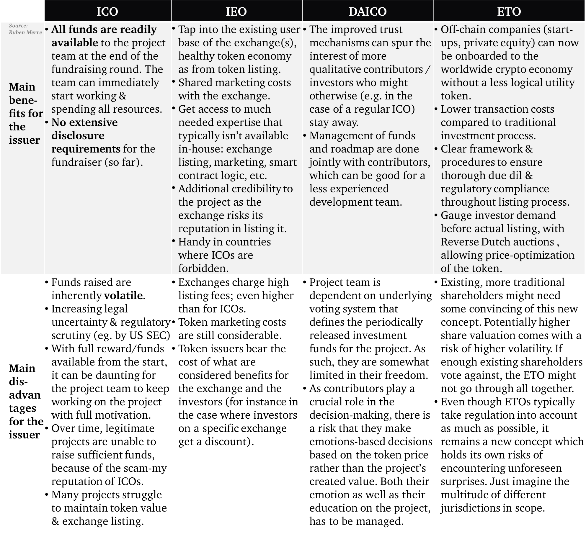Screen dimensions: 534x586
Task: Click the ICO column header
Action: coord(107,11)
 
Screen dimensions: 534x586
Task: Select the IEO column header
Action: coord(236,11)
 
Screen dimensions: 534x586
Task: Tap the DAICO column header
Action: coord(368,11)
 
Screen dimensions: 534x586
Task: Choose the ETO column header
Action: coord(509,11)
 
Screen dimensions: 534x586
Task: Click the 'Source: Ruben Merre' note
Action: coord(25,29)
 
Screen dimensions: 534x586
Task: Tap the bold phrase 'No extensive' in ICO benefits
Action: coord(84,122)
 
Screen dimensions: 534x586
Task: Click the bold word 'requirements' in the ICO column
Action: coord(86,149)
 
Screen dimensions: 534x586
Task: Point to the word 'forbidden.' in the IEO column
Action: coord(203,268)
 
